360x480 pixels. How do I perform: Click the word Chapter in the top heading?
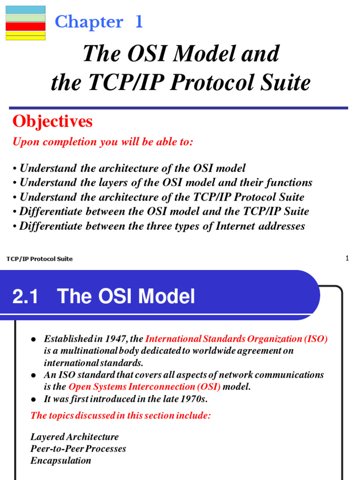click(89, 22)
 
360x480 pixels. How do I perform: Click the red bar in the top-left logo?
click(25, 26)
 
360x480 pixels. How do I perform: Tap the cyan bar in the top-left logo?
click(25, 9)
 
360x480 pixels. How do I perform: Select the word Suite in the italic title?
click(286, 83)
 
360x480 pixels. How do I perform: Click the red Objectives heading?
click(52, 122)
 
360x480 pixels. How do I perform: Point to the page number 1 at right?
click(347, 258)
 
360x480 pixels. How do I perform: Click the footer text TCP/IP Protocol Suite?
click(40, 259)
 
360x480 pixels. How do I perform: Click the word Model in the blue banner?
click(169, 297)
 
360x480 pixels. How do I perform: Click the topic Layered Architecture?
click(75, 437)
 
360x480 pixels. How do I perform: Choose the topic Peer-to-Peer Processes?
click(78, 449)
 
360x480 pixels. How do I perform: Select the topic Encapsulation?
click(61, 460)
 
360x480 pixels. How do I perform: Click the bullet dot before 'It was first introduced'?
click(33, 400)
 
